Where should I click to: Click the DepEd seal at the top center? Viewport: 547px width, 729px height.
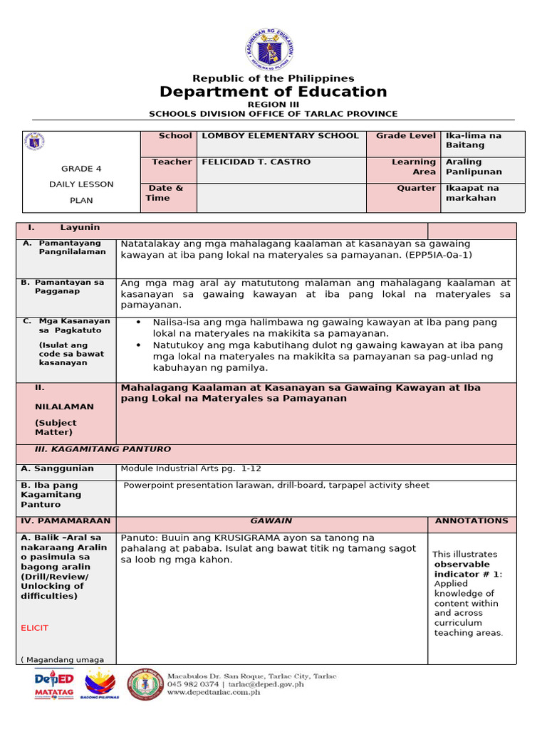[270, 49]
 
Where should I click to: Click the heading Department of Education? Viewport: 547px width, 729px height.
[273, 92]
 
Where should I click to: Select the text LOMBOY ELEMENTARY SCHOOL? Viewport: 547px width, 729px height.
[280, 136]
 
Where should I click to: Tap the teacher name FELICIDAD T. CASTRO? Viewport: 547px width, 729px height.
[256, 162]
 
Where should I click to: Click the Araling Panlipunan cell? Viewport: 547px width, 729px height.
[474, 167]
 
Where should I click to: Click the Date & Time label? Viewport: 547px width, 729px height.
[160, 193]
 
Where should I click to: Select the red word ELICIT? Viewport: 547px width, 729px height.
[35, 628]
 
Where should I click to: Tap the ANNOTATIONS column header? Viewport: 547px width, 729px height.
[472, 521]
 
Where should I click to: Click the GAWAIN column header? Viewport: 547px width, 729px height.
[271, 521]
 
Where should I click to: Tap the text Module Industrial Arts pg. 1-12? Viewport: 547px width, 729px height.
[191, 469]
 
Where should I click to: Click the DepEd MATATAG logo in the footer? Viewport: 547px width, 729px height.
[54, 686]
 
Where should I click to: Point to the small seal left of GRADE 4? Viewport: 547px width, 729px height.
[33, 141]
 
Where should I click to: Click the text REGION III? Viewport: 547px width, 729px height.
[273, 104]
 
